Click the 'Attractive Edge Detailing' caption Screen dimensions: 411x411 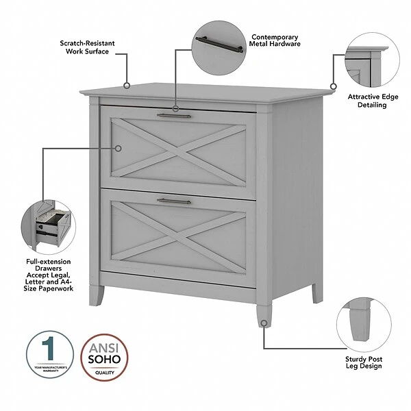(x=372, y=101)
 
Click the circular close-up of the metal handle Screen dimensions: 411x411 (x=217, y=47)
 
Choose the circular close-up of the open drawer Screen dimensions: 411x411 (x=47, y=225)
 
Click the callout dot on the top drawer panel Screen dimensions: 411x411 (x=118, y=147)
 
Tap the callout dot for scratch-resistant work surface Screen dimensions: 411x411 (x=127, y=86)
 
